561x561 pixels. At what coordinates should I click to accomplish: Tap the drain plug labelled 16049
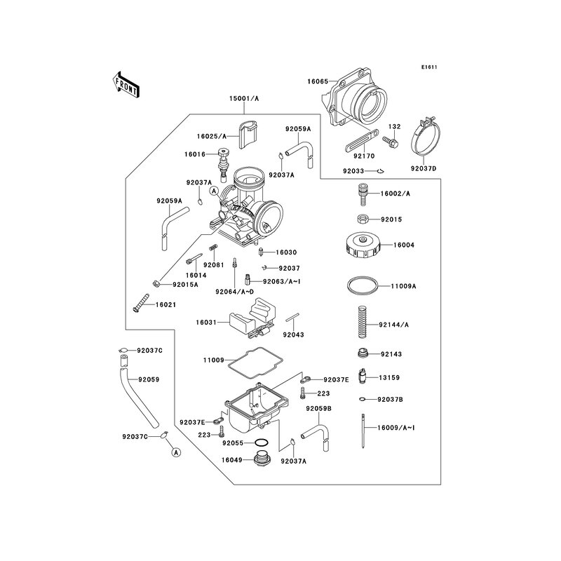click(263, 460)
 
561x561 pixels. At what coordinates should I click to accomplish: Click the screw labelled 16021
click(139, 306)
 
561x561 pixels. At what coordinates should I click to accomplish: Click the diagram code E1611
click(429, 68)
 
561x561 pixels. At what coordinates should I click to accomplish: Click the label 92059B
click(317, 407)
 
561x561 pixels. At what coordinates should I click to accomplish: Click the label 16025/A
click(212, 137)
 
